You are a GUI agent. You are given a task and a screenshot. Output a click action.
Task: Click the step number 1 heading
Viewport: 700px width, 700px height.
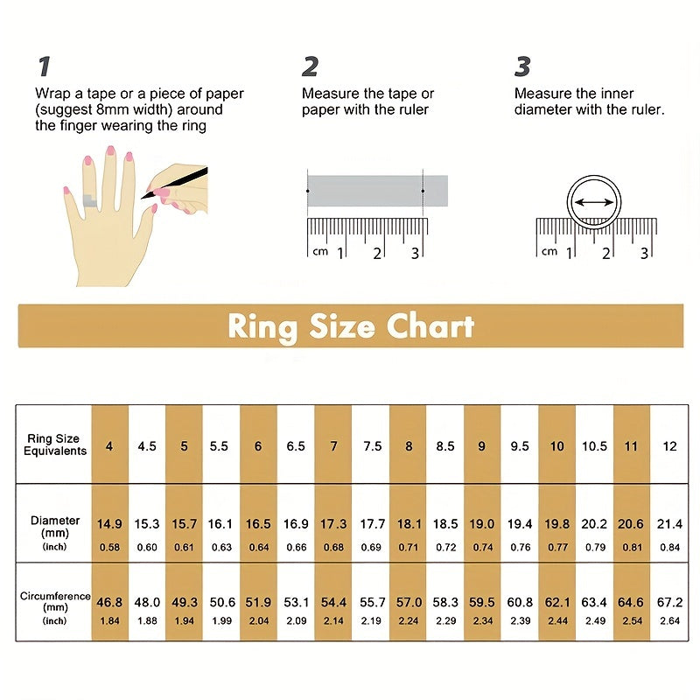[x=44, y=66]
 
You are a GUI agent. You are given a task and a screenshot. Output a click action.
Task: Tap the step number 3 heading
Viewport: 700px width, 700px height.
[x=522, y=66]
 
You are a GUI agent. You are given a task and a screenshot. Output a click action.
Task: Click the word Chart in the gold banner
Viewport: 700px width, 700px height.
[x=430, y=325]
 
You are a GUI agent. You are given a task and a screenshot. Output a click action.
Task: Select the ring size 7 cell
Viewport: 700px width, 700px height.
[x=333, y=446]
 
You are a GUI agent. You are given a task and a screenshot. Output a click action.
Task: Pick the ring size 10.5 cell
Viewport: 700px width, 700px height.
[x=594, y=446]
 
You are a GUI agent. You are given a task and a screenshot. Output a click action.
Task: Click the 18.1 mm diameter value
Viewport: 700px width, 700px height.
[x=409, y=523]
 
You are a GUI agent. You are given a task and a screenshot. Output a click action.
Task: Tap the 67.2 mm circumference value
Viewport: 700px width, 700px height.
[x=669, y=602]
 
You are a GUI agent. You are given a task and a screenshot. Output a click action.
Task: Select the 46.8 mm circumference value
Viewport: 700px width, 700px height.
[x=109, y=602]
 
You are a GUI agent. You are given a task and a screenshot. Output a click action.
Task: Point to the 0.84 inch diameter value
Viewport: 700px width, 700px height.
[x=669, y=548]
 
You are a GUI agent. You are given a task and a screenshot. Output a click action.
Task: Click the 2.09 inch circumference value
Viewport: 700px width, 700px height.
[x=297, y=620]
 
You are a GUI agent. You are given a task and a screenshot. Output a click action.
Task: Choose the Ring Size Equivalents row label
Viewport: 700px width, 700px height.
[x=54, y=444]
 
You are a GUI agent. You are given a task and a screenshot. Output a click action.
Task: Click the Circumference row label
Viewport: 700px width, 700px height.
[x=55, y=597]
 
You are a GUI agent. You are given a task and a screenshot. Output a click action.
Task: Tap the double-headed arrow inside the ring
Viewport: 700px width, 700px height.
[x=594, y=203]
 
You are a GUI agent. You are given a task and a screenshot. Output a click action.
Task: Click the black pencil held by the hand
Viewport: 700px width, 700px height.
[x=174, y=183]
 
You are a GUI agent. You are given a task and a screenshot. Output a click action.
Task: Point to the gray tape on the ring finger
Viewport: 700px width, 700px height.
[x=90, y=201]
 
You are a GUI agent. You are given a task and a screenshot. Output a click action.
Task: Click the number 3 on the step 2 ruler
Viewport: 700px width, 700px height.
[x=415, y=254]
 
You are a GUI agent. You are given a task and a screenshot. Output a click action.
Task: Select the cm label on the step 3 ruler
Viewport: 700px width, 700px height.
[x=549, y=252]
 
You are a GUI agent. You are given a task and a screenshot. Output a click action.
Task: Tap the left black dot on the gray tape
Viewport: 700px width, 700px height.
[x=308, y=191]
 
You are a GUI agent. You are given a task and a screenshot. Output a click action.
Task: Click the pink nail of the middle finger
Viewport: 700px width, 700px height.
[x=110, y=150]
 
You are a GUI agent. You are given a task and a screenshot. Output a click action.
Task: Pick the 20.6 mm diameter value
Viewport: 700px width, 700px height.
[x=630, y=523]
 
